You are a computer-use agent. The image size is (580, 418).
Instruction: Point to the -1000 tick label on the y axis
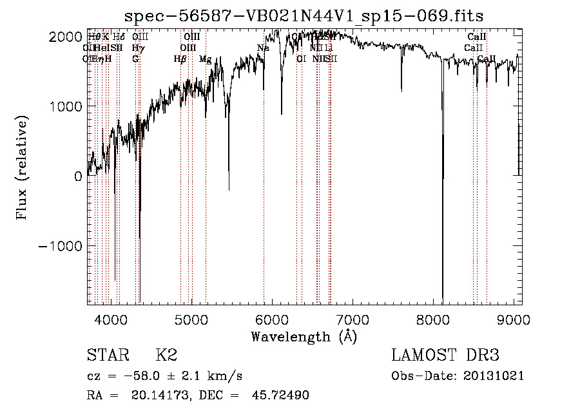(61, 247)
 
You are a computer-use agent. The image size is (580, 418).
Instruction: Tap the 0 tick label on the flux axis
(78, 176)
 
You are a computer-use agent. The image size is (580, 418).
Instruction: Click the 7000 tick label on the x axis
(353, 319)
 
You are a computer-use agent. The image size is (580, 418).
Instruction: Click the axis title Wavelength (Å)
(304, 336)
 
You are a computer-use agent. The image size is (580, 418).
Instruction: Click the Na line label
(263, 48)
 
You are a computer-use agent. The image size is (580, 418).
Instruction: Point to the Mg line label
(205, 59)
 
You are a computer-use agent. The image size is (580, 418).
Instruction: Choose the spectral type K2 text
(166, 356)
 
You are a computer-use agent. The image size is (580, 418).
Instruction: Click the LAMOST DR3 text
(445, 356)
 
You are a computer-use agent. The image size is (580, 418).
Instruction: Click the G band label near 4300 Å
(135, 59)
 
